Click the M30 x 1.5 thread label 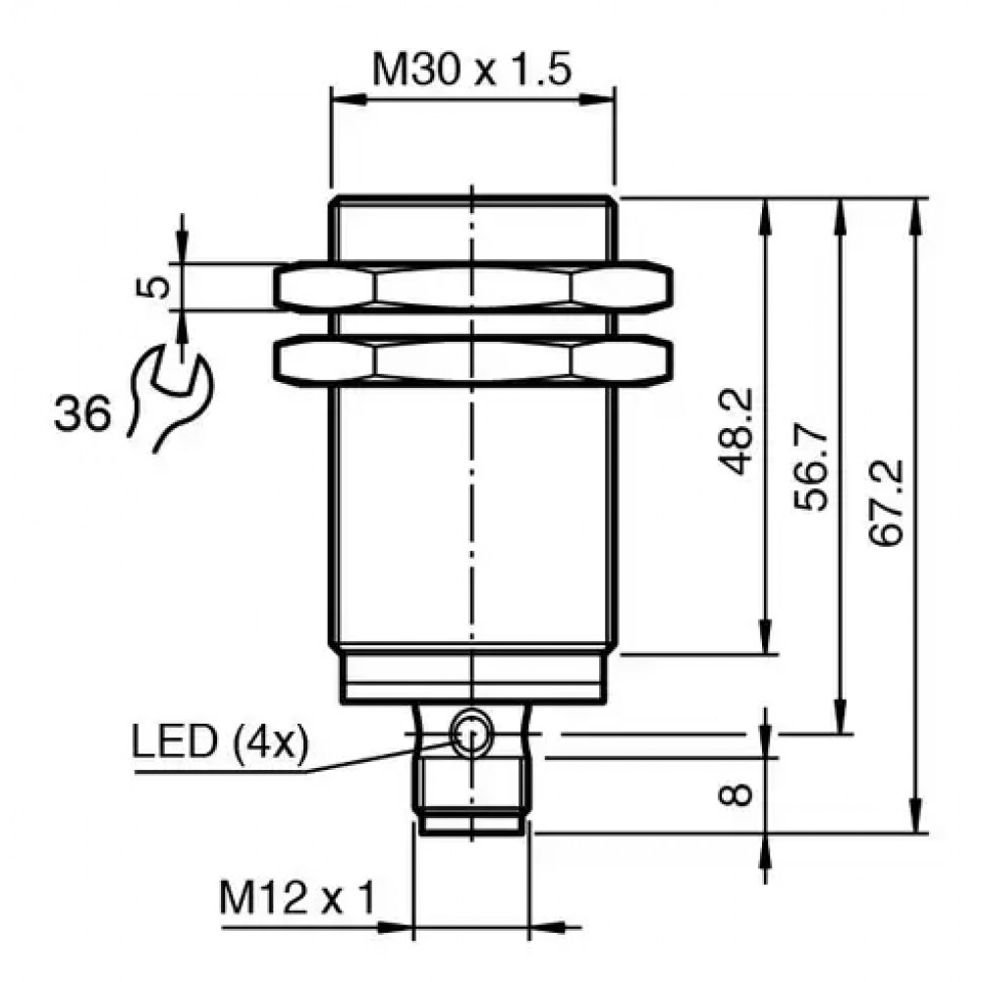point(471,69)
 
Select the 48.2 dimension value point(736,431)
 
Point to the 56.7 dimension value point(812,470)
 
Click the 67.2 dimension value point(888,503)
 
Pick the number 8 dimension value point(736,795)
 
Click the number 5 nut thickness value point(153,287)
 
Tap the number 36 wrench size point(82,413)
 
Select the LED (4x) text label point(220,742)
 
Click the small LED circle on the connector point(471,733)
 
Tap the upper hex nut point(473,287)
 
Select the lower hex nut point(473,360)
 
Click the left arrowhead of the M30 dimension point(349,99)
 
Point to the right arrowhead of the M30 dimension point(597,99)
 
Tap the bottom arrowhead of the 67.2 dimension point(915,815)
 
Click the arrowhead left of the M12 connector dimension point(395,927)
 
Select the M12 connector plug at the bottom point(471,768)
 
